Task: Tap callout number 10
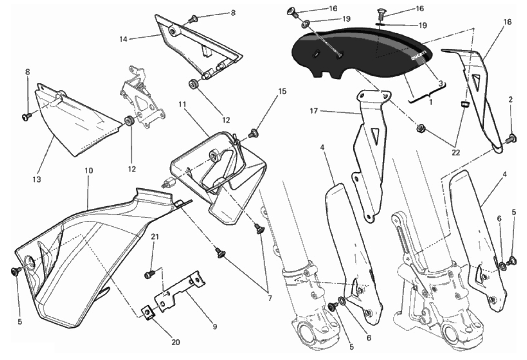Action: coord(89,170)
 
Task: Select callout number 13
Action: coord(37,180)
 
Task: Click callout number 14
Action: coord(123,39)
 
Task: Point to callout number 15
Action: coord(282,92)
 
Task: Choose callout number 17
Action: coord(314,111)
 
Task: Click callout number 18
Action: coord(508,22)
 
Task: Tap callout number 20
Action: coord(176,342)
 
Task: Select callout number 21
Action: coord(155,237)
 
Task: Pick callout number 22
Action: coord(456,153)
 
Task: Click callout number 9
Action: coord(215,327)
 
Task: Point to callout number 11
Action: coord(182,104)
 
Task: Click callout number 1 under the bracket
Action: coord(431,102)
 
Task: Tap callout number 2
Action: coord(510,100)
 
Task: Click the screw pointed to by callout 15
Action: coord(254,133)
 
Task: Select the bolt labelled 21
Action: coord(149,275)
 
